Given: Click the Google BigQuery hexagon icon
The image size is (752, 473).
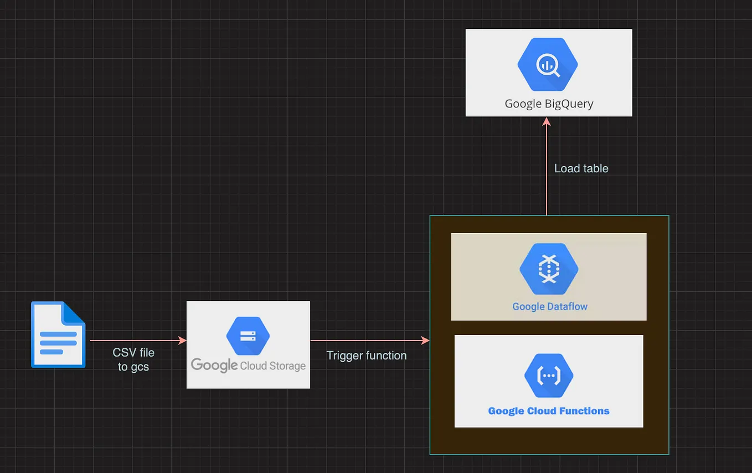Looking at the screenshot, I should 548,65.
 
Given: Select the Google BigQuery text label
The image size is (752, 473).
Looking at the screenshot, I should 549,104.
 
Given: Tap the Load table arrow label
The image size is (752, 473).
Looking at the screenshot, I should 581,168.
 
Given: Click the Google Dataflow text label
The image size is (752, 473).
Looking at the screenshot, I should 550,306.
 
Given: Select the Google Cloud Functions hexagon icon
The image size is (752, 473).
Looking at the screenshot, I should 549,376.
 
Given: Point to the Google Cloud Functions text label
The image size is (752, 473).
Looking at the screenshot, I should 549,411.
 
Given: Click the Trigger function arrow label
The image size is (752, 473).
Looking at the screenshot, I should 367,356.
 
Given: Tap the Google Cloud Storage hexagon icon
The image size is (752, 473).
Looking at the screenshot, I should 248,336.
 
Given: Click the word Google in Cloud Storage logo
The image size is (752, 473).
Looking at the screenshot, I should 214,365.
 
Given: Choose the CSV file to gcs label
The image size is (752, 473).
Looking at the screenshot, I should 133,359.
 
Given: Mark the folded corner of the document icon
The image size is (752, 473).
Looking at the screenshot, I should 75,311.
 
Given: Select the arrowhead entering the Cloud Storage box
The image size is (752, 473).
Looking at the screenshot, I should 182,340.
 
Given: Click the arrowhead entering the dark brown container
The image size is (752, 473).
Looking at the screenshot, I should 425,340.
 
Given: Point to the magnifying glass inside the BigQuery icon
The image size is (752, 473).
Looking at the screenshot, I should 548,65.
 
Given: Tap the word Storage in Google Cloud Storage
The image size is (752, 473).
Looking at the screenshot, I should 289,366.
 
